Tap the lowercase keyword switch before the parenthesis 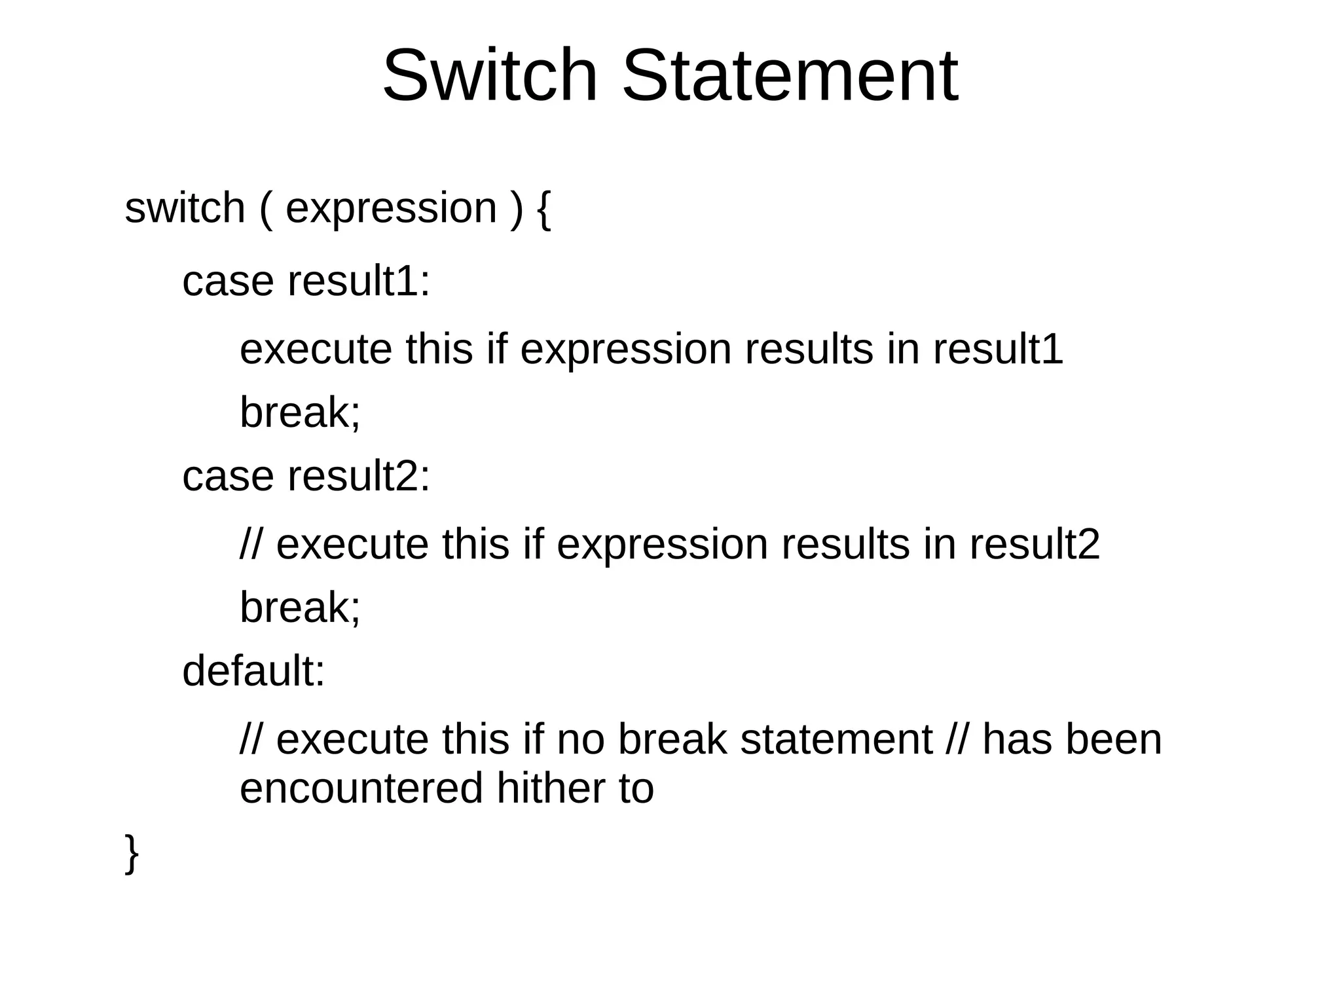click(185, 208)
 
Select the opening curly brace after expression click(543, 210)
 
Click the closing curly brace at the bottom click(132, 853)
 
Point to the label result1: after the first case click(359, 281)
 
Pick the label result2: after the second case click(359, 475)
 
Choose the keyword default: click(253, 671)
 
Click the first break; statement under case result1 click(300, 412)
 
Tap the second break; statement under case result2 click(300, 608)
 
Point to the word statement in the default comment click(836, 740)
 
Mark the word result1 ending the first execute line click(998, 349)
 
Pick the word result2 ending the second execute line click(1035, 544)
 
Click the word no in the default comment click(580, 740)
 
